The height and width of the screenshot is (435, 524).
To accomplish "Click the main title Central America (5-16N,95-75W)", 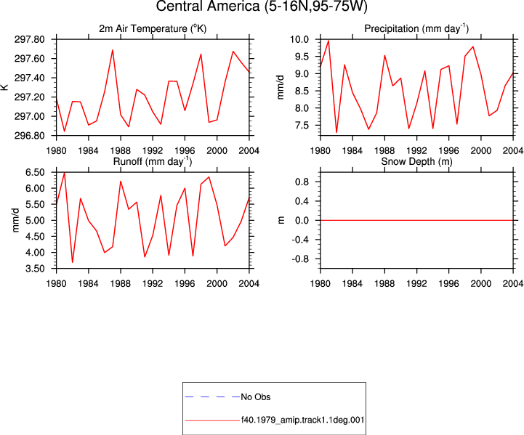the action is pos(262,7).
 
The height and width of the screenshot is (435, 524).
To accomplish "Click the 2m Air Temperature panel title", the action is pos(153,29).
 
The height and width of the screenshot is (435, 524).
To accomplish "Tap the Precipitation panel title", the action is pos(416,29).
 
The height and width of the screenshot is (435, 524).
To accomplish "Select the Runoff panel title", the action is pos(153,161).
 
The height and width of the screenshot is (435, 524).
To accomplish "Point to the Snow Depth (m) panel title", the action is pos(416,161).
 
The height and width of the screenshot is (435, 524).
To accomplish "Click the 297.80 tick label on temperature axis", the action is pos(29,39).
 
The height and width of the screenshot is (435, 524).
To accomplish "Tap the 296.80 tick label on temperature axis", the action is pos(29,136).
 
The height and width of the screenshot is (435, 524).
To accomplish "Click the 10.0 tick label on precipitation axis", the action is pos(302,39).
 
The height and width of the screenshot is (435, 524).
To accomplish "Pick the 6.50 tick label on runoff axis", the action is pos(35,172).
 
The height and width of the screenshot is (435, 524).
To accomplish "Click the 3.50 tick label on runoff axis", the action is pos(35,269).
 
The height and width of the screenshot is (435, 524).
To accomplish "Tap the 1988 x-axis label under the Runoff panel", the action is pos(121,283).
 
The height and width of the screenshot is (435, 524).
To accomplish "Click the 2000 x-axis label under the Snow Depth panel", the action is pos(481,283).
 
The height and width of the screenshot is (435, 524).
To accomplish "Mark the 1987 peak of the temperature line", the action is pos(113,49).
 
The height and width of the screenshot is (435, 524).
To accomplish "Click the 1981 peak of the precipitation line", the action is pos(328,41).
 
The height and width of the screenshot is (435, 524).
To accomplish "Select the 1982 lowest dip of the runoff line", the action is pos(73,262).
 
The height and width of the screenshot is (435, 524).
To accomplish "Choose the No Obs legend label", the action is pos(256,397).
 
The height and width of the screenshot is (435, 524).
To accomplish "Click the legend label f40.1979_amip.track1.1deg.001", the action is pos(302,420).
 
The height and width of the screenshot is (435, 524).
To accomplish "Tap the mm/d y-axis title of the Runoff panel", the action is pos(15,220).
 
